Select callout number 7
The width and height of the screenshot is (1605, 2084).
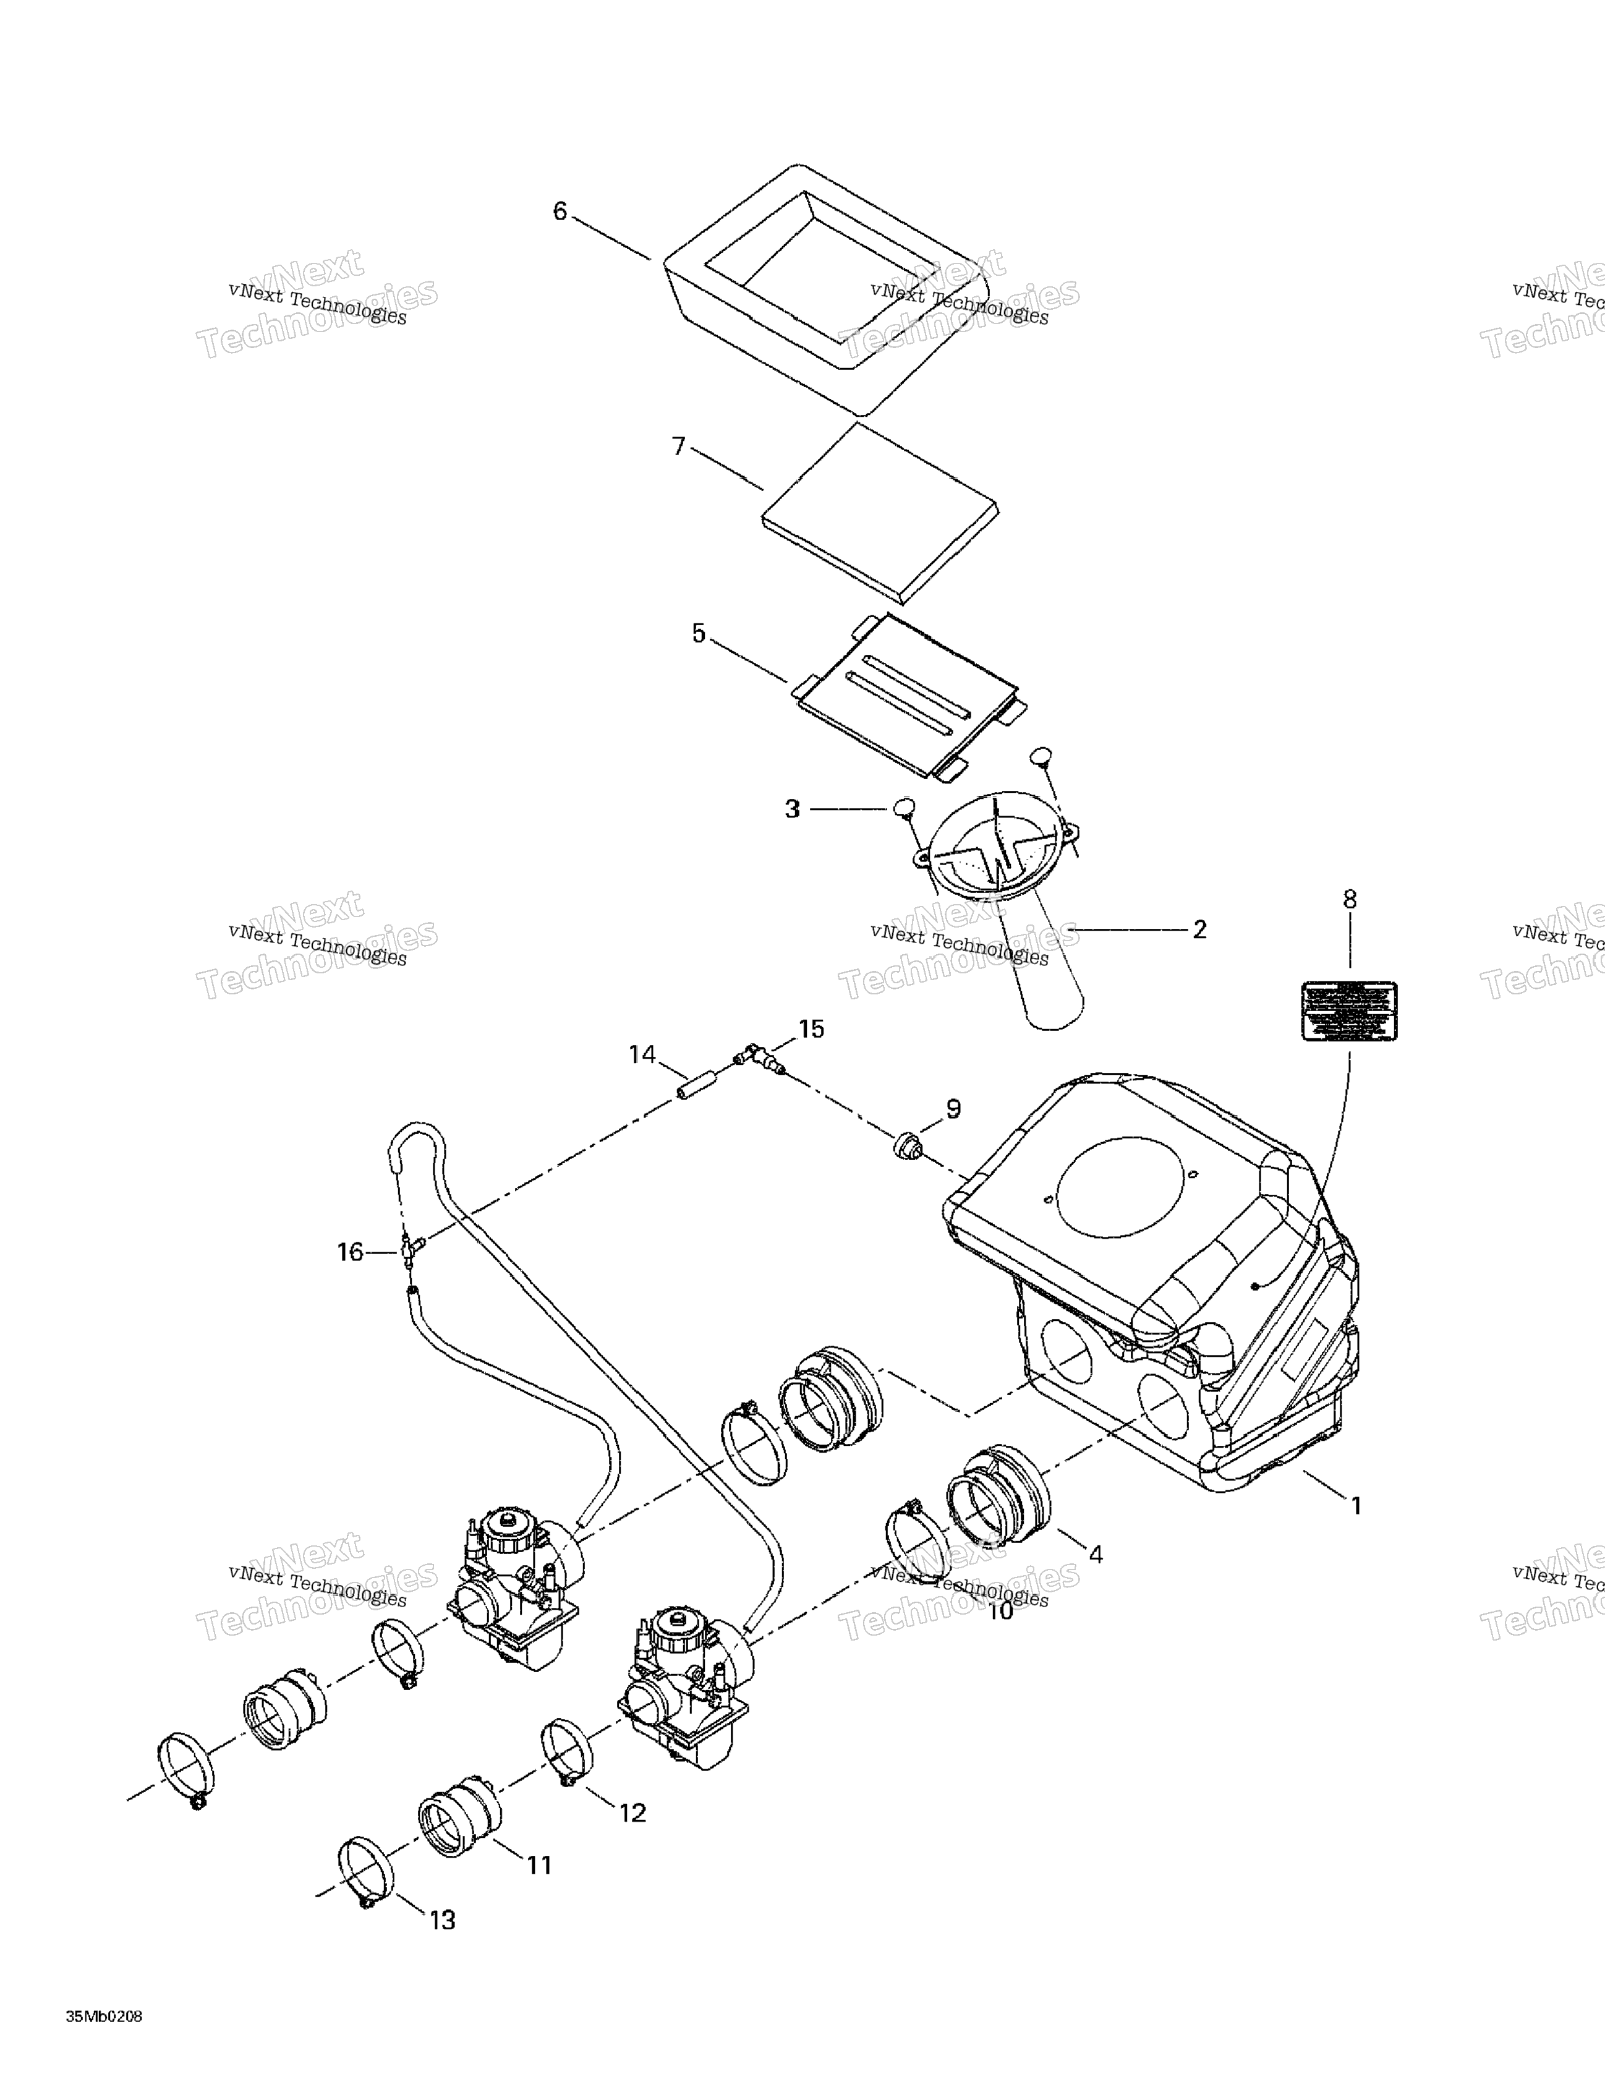coord(678,446)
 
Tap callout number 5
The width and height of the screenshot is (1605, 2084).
coord(699,634)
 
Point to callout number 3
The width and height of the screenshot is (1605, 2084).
coord(792,809)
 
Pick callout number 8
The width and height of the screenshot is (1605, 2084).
coord(1349,899)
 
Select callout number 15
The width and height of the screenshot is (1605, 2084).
coord(811,1028)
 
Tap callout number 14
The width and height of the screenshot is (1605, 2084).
coord(642,1054)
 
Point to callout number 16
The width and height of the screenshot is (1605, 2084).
coord(350,1252)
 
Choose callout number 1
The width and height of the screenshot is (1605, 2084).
coord(1355,1506)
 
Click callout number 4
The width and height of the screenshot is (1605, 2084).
coord(1096,1555)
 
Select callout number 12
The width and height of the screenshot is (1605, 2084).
coord(632,1813)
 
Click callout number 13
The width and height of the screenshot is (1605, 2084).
coord(443,1920)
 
